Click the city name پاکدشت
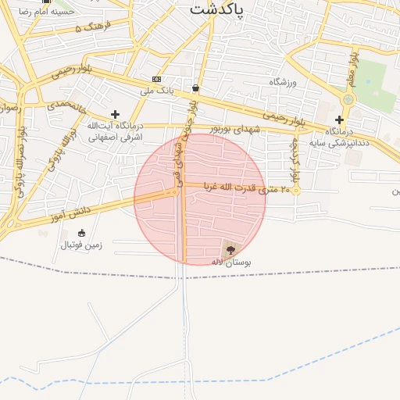click(216, 9)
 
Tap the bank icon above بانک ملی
click(157, 79)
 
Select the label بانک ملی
click(156, 91)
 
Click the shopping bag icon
click(195, 87)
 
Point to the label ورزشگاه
click(285, 82)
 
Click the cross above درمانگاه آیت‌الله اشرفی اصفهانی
click(116, 114)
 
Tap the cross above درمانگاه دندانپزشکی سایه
click(339, 120)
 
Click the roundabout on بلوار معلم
click(348, 99)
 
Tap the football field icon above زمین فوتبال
click(82, 233)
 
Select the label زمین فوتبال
click(82, 245)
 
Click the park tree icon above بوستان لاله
click(230, 249)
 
